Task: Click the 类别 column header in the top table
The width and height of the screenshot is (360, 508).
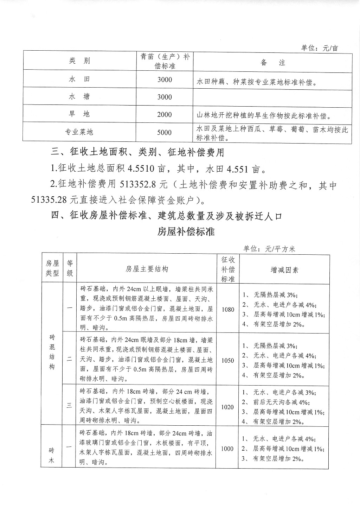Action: [79, 61]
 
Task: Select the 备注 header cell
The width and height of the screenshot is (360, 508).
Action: [273, 63]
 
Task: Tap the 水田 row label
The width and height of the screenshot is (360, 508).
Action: [79, 80]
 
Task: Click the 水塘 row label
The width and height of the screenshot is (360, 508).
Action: [79, 96]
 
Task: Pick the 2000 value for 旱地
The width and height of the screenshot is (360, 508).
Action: [165, 114]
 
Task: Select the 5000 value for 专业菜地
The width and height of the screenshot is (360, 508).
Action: [165, 132]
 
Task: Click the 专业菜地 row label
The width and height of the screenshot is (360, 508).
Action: [79, 132]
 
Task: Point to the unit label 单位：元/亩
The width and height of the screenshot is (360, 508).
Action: [319, 48]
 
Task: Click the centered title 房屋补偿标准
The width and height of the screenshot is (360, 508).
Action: [186, 232]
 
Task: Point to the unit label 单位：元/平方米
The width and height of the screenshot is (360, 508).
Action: [269, 249]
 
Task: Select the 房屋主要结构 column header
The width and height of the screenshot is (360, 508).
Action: [147, 269]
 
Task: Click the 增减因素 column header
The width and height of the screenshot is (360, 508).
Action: [284, 270]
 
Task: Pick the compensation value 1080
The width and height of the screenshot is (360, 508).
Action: [228, 310]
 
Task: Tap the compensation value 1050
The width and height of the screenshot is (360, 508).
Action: [228, 361]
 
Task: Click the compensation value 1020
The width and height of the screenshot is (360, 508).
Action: [228, 407]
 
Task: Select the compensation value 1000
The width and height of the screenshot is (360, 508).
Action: [227, 449]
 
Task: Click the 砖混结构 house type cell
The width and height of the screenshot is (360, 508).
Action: [52, 352]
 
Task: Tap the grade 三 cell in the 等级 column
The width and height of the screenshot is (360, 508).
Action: [70, 405]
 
